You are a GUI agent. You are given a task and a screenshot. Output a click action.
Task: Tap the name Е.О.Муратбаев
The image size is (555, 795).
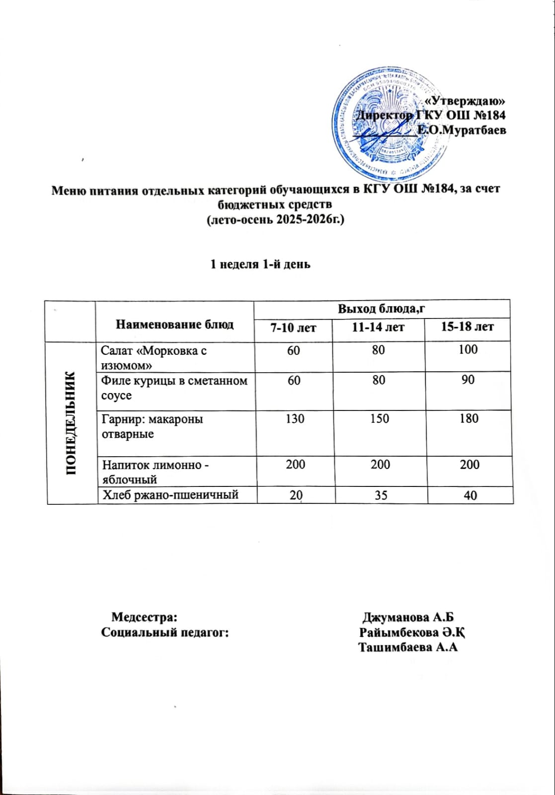(x=462, y=131)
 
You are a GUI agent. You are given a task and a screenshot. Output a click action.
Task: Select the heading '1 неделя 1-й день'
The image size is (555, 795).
(x=260, y=264)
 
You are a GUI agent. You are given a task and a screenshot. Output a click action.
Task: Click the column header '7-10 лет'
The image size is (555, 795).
(x=293, y=328)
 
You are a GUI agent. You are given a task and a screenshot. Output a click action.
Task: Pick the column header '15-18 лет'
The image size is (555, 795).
(x=467, y=327)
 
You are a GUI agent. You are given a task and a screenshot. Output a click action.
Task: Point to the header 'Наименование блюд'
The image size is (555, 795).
(x=174, y=324)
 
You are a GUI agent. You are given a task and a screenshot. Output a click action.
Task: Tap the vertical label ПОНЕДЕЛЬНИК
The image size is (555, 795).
(x=72, y=423)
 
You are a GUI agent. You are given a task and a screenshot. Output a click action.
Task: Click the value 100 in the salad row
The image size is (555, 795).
(x=468, y=350)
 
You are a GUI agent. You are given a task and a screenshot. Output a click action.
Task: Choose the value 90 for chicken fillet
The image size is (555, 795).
(x=468, y=380)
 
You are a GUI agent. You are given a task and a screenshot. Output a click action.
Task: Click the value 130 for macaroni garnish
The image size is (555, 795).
(x=295, y=419)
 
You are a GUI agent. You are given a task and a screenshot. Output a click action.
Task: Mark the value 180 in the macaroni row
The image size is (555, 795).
(x=469, y=419)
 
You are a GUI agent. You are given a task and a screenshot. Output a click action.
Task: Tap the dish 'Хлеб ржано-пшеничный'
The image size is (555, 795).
(x=170, y=495)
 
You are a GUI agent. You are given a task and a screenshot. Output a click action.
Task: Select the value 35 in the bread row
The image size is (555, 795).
(x=381, y=495)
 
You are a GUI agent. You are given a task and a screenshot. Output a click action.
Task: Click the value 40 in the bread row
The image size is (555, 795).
(x=470, y=495)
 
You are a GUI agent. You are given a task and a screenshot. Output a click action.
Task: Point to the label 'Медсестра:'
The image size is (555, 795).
(x=144, y=618)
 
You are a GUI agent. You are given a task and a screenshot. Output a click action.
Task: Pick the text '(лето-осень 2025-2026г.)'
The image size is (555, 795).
(x=275, y=219)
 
